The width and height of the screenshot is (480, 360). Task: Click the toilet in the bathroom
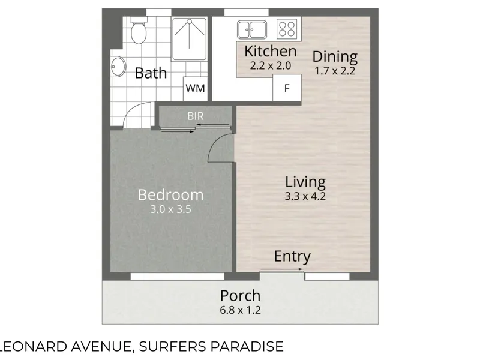point(139,30)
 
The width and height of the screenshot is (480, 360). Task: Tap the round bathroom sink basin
point(118,67)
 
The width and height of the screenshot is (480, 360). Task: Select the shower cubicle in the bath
point(189,39)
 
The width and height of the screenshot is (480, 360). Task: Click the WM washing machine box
point(195,88)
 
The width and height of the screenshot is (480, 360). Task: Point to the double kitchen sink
point(251,29)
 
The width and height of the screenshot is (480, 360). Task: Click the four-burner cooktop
point(287,29)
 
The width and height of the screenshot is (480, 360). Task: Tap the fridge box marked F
point(287,88)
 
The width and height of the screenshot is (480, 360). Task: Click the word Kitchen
point(271,51)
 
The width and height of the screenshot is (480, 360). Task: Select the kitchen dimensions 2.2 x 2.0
point(271,65)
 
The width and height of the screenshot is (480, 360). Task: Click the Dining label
point(335,56)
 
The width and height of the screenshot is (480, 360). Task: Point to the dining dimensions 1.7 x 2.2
point(335,71)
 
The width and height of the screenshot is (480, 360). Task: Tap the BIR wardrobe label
point(196,116)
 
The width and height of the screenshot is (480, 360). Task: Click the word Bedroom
point(170,195)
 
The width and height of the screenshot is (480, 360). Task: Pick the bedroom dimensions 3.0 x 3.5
point(170,209)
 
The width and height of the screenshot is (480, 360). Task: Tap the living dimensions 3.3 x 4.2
point(305,196)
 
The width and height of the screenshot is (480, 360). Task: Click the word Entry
point(292,257)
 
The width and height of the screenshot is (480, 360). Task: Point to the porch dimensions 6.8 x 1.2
point(241,310)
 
